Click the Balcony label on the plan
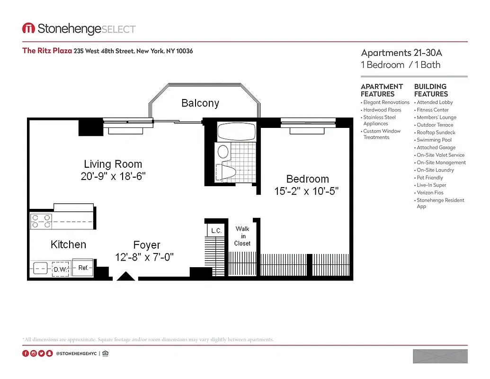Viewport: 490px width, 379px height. [200, 103]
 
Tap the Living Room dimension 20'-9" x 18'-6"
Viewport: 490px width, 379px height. [113, 176]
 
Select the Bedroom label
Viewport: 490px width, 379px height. [307, 179]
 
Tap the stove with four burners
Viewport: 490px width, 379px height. [41, 221]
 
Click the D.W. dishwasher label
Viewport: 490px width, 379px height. [60, 269]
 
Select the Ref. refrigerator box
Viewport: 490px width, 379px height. [83, 268]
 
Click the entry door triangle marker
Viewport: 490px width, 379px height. [126, 276]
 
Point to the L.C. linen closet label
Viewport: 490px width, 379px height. [216, 231]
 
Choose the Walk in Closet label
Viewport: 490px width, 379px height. [242, 236]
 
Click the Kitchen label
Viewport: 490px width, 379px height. [68, 244]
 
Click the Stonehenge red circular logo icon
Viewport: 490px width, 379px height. [28, 29]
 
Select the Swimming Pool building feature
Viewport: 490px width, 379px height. [434, 140]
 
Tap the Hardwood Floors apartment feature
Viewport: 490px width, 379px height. [382, 110]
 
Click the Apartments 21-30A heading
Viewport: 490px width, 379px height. [401, 53]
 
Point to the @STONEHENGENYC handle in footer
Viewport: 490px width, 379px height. [76, 353]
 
